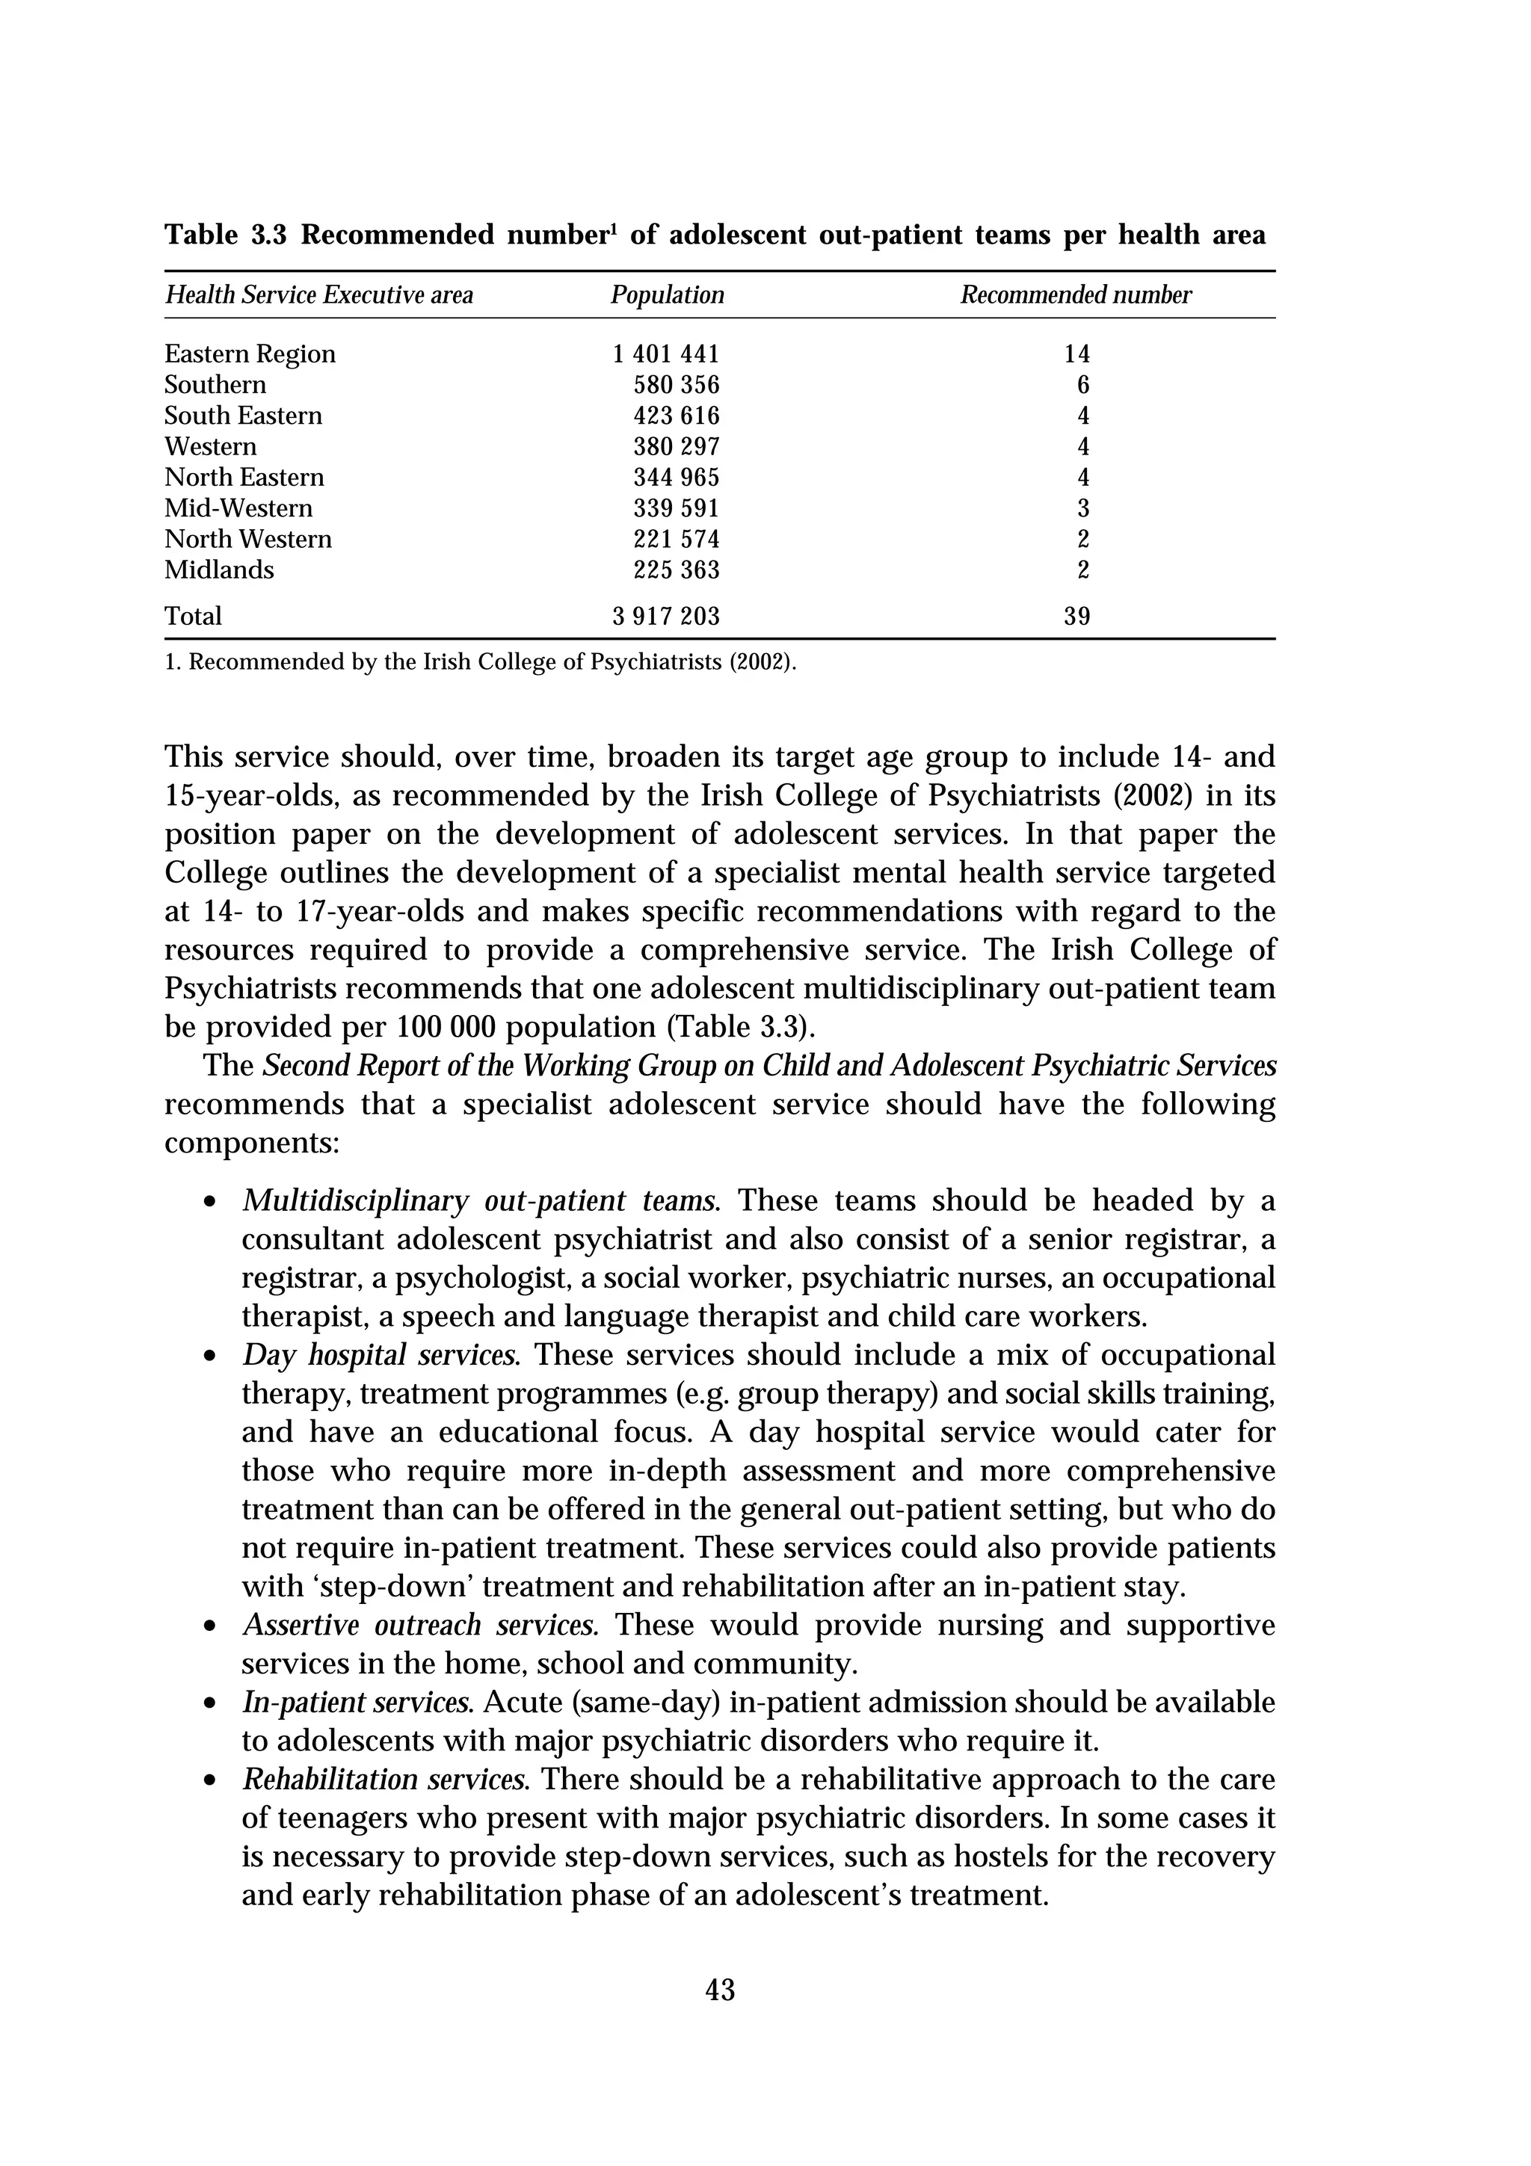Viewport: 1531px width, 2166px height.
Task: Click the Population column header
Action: pos(667,295)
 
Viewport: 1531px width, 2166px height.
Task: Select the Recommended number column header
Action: pos(1076,295)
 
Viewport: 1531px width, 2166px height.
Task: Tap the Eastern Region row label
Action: pos(250,354)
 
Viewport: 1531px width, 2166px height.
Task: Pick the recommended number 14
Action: pos(1076,354)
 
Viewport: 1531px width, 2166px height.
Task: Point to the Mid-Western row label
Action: pos(238,508)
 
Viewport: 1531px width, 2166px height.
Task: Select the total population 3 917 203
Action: pos(665,616)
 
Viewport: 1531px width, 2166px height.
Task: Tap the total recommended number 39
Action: pos(1076,616)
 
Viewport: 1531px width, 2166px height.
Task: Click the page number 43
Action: pos(720,1990)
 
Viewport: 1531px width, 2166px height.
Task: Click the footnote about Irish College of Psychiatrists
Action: pos(480,662)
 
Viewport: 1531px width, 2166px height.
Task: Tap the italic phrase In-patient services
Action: pos(357,1703)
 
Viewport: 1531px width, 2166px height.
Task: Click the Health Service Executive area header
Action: pos(319,295)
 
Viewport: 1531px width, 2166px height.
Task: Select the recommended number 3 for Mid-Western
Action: pos(1083,508)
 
